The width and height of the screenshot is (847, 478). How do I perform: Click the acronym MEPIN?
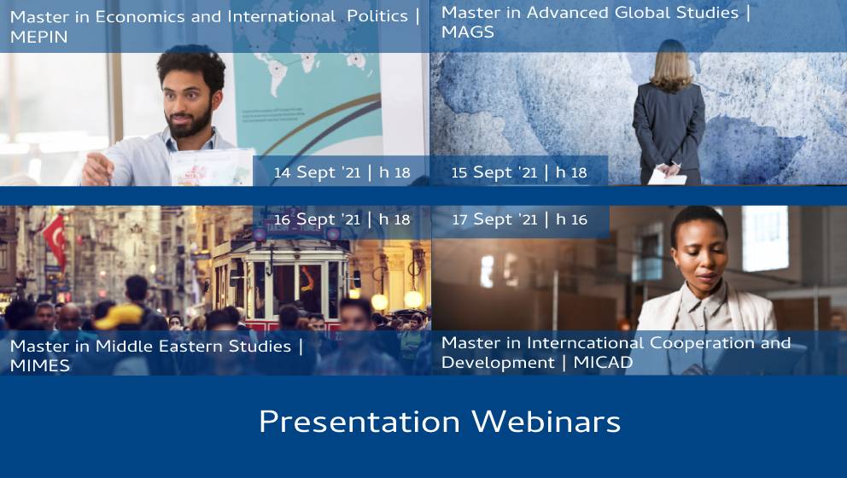39,37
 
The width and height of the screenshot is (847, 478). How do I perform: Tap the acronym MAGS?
468,32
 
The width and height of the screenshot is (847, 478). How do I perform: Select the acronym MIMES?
40,365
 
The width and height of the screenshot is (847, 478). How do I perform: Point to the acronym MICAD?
603,363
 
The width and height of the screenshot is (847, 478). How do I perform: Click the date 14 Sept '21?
317,172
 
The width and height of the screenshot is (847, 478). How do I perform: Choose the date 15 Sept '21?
494,172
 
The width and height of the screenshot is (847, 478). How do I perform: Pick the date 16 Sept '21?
317,219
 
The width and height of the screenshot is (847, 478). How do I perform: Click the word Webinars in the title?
546,422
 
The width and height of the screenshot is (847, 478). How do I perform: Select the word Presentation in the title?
359,422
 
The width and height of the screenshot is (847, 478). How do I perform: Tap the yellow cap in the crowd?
120,317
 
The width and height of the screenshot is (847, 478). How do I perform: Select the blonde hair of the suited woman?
671,65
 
